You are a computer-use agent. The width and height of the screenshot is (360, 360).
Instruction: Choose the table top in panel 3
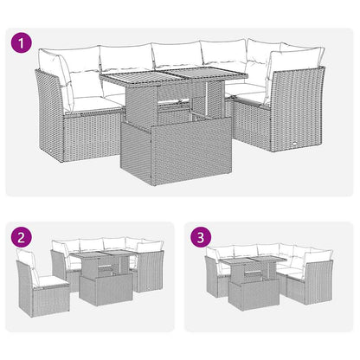pyautogui.click(x=251, y=262)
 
